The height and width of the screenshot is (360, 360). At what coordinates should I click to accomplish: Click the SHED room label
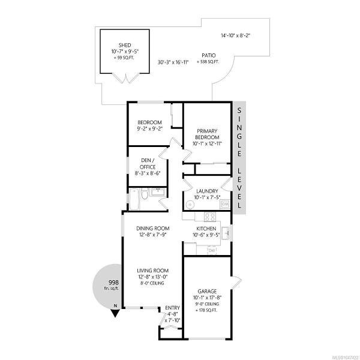coord(125,45)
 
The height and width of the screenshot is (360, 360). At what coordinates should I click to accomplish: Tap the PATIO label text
coord(209,55)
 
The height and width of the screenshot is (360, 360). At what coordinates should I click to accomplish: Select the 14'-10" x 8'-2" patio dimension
coord(235,35)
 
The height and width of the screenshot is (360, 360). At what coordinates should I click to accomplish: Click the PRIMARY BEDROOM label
coord(207,134)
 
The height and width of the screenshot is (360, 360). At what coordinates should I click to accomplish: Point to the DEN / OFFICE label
coord(148,164)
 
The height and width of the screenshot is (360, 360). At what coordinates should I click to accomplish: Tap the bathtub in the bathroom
coord(134,199)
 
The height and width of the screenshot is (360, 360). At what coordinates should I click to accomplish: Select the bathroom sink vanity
coord(158,192)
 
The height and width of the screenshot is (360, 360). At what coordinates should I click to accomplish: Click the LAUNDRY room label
coord(207,191)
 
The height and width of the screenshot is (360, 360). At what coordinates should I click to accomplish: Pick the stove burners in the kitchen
coord(210,217)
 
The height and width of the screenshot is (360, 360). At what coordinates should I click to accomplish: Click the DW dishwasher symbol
coord(212,250)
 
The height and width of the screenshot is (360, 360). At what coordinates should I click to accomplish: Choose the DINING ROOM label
coord(153,229)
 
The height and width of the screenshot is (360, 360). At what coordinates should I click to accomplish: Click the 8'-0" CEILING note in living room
coord(152,283)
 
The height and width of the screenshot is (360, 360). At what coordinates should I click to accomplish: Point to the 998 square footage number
coord(113,283)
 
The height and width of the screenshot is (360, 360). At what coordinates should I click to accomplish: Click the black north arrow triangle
coord(115,313)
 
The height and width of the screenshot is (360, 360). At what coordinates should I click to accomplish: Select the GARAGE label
coord(207,292)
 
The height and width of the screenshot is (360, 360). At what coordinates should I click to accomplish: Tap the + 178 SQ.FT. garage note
coord(206,310)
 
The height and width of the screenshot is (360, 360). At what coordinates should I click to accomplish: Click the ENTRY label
coord(172,308)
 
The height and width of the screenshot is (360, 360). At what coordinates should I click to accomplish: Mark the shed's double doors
coord(125,78)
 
